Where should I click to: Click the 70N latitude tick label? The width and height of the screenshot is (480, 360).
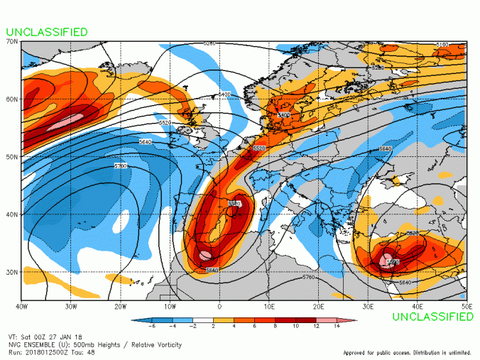(13, 42)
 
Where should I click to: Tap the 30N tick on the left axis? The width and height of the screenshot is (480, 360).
(13, 272)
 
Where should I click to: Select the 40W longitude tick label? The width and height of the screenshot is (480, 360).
(21, 307)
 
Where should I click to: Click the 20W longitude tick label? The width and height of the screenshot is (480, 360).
(120, 307)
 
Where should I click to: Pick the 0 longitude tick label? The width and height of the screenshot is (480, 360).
(219, 307)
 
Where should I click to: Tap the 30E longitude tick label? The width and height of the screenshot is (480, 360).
(369, 307)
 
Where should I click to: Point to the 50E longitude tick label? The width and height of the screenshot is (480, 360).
(467, 307)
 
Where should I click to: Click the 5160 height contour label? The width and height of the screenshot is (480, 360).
(442, 45)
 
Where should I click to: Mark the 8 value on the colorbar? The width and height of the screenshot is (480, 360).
(276, 328)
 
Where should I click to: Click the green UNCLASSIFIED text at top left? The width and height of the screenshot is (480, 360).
(48, 32)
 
